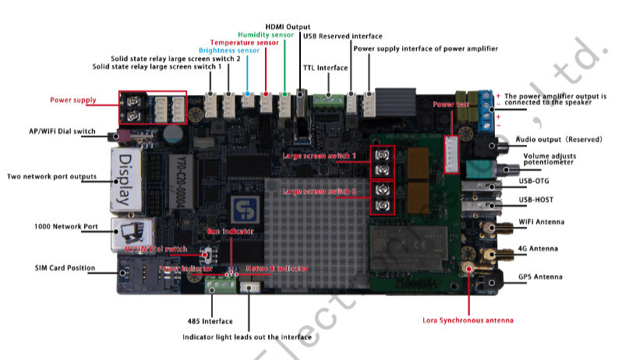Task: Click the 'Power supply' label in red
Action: pyautogui.click(x=73, y=100)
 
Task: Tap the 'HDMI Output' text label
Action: pyautogui.click(x=288, y=26)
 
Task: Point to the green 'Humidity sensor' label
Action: pyautogui.click(x=267, y=34)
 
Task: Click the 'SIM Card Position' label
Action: pyautogui.click(x=65, y=268)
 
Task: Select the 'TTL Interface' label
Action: pyautogui.click(x=325, y=68)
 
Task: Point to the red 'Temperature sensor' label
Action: pyautogui.click(x=244, y=42)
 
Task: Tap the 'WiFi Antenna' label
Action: pyautogui.click(x=540, y=221)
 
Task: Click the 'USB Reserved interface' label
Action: pyautogui.click(x=342, y=36)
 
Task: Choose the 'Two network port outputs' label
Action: pyautogui.click(x=52, y=176)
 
